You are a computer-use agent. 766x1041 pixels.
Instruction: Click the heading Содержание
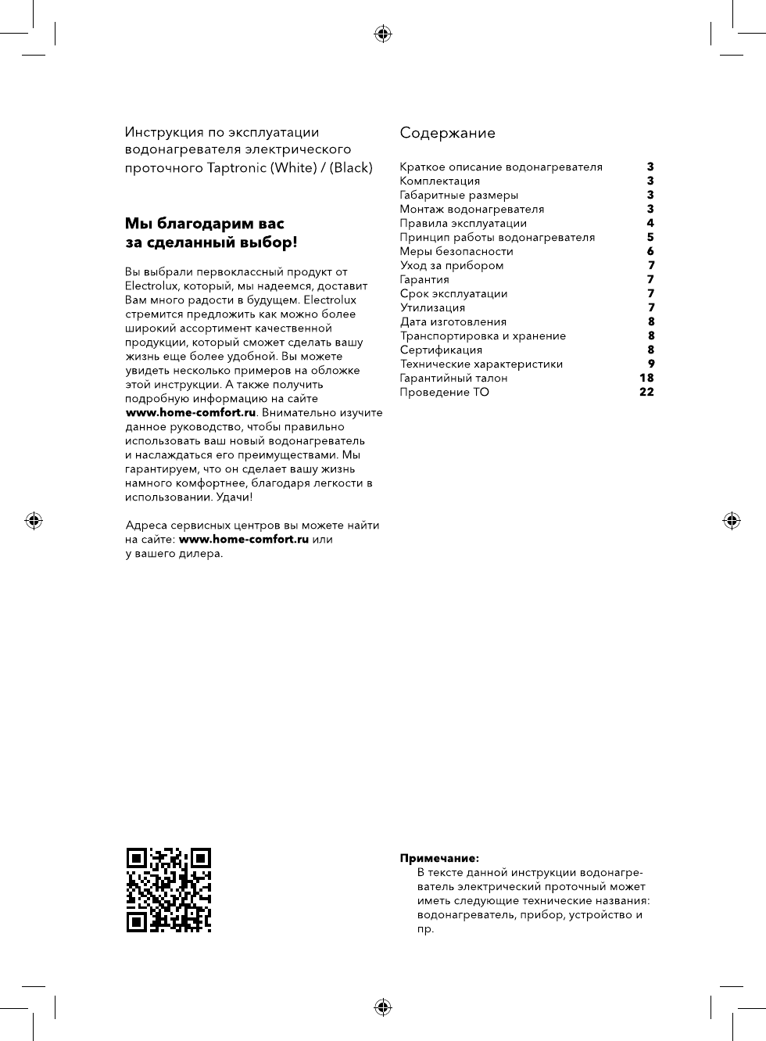[447, 133]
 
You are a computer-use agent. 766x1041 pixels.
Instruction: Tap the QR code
[169, 890]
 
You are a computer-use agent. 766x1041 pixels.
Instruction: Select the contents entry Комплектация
[439, 181]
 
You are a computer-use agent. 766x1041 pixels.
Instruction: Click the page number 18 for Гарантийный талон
[646, 378]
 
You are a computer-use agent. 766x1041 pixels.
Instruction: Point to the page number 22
[646, 392]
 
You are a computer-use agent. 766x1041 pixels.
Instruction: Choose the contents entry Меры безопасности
[456, 251]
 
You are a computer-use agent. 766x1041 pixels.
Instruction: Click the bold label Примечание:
[439, 858]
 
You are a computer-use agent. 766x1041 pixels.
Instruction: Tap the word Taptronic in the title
[236, 167]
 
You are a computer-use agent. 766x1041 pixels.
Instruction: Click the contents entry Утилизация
[432, 307]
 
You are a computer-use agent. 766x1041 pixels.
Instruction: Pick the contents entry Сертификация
[441, 350]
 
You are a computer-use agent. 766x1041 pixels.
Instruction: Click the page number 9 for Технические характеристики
[651, 364]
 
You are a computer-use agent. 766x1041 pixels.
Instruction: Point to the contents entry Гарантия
[424, 279]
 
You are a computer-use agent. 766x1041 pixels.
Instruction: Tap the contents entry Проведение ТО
[444, 392]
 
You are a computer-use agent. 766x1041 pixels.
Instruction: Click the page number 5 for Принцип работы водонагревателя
[650, 237]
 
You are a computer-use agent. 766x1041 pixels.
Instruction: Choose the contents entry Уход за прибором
[452, 265]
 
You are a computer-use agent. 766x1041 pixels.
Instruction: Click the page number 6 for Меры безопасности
[650, 251]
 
